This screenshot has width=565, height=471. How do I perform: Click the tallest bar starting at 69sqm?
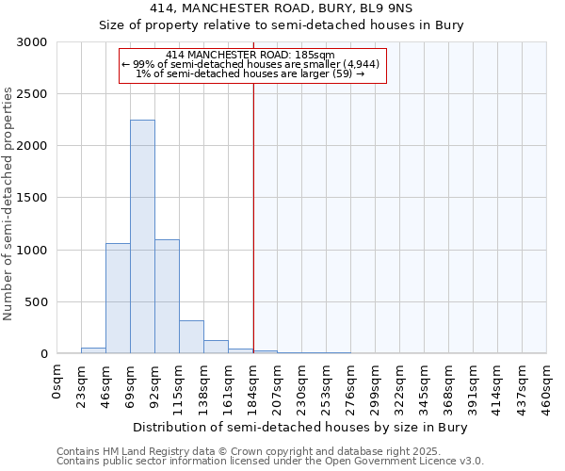click(142, 237)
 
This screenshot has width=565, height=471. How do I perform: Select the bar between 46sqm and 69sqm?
click(118, 299)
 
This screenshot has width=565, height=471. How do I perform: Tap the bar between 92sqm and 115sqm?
click(167, 297)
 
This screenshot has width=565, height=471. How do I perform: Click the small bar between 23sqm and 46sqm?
click(93, 351)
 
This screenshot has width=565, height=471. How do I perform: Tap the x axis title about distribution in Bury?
click(300, 427)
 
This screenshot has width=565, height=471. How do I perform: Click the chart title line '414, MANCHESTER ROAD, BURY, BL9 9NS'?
click(282, 8)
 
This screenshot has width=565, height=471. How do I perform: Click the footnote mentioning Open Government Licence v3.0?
click(270, 462)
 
